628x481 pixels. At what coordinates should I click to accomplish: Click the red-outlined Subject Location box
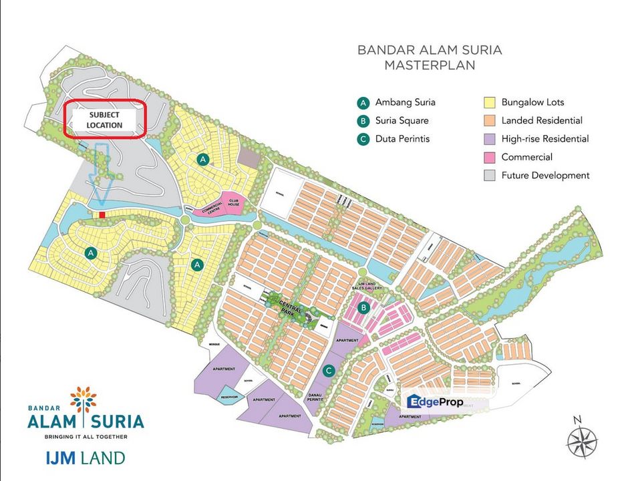point(104,120)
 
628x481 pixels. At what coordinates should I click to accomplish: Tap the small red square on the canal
point(102,214)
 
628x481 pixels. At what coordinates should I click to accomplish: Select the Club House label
point(232,201)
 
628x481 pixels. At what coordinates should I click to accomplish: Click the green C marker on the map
point(328,370)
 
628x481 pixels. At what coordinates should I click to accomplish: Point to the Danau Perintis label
point(319,395)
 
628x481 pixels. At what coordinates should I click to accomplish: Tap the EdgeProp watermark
point(438,402)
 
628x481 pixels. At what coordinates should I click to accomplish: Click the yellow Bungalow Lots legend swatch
point(489,103)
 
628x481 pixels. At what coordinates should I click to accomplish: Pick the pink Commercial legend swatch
point(489,157)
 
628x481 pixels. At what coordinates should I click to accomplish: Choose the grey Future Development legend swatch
point(489,175)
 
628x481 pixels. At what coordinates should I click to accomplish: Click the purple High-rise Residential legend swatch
point(489,139)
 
